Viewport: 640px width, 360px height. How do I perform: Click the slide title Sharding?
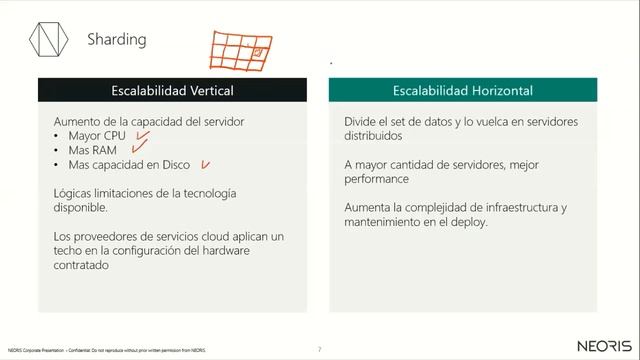117,40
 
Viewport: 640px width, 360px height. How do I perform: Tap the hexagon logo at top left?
47,41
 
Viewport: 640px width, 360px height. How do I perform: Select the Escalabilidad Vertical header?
173,90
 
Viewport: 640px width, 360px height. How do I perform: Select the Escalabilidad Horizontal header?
462,90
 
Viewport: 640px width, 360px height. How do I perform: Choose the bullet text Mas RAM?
92,150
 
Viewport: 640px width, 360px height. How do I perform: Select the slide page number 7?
319,349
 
